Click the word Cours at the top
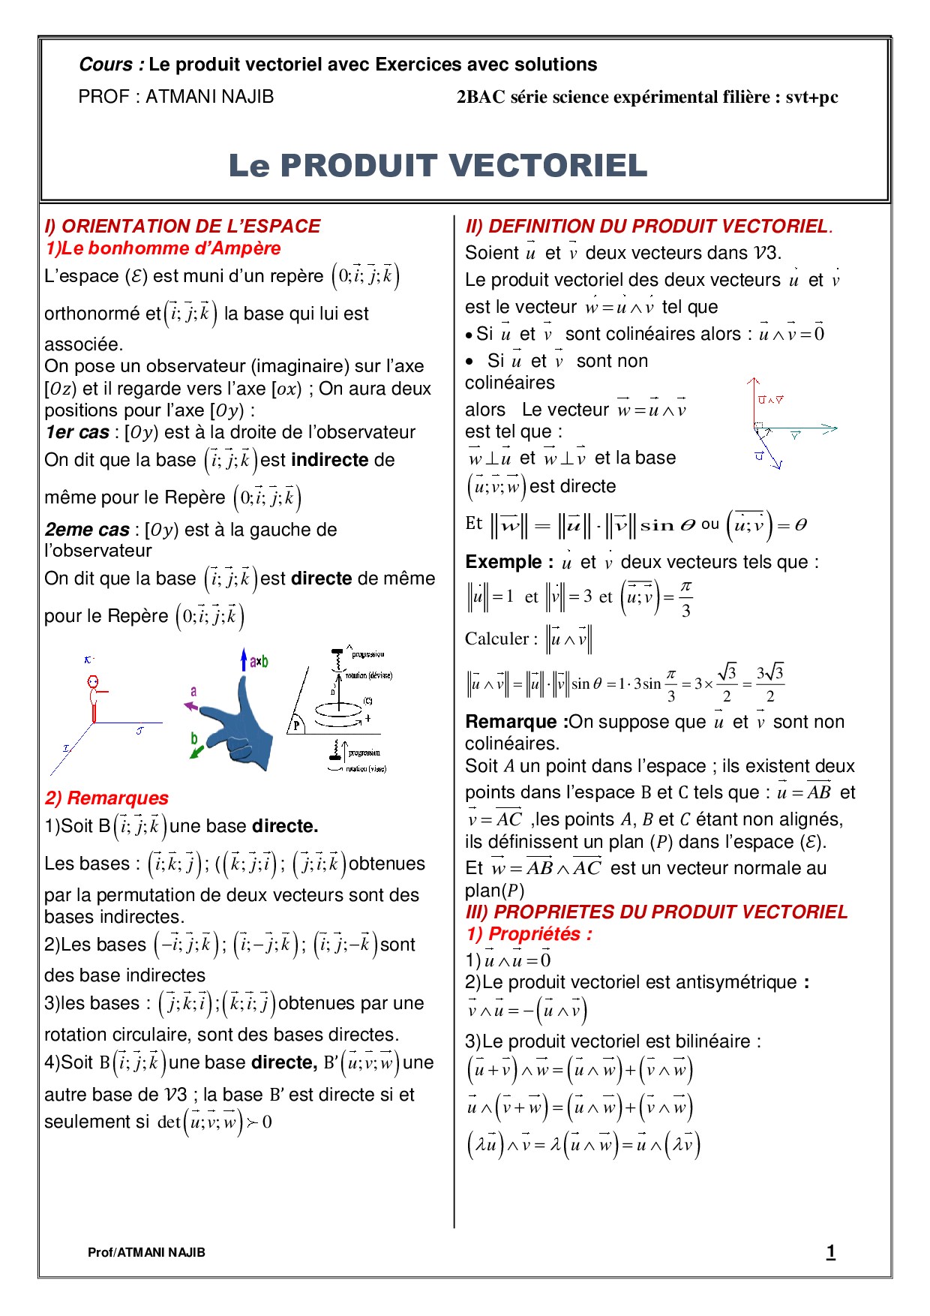pos(106,65)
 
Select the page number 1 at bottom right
pos(830,1251)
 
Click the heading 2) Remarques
pos(106,798)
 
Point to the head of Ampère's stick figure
pos(93,683)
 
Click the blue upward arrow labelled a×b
pos(244,660)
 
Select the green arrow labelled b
pos(196,750)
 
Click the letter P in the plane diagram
pos(296,726)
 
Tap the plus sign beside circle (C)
pos(367,718)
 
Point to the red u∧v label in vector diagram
pos(770,400)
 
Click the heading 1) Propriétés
pos(529,934)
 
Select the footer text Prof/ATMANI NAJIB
pos(146,1252)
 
